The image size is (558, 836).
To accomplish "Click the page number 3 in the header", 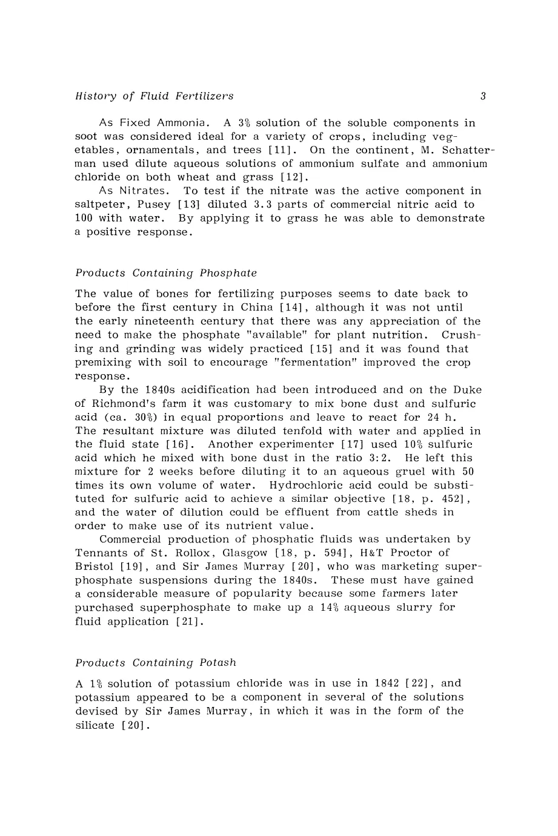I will pos(483,96).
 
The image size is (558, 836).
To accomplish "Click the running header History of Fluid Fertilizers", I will pos(154,96).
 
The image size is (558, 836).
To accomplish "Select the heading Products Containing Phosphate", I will pos(166,273).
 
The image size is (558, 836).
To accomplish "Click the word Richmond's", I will pos(121,404).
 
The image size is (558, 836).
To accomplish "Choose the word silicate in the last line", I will pos(95,725).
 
